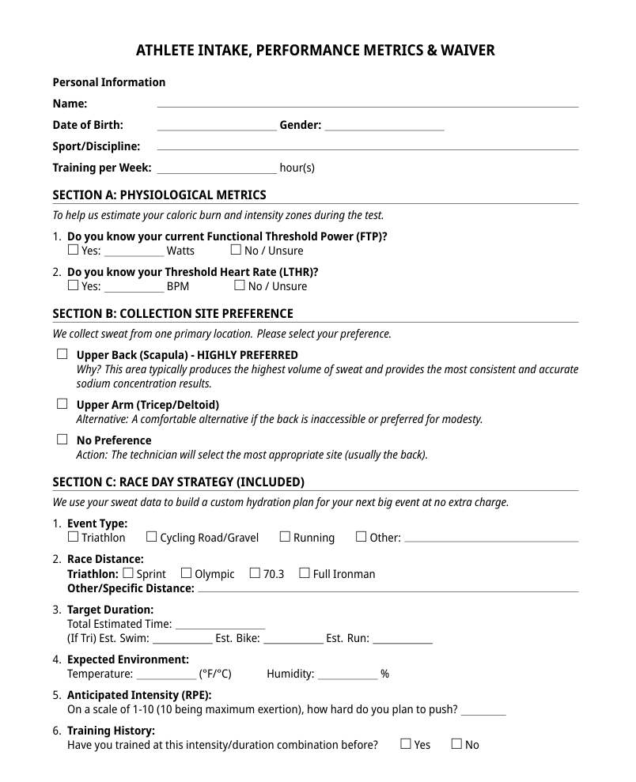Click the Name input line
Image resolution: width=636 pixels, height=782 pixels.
click(x=368, y=103)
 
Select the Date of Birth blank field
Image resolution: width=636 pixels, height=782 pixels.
click(x=217, y=125)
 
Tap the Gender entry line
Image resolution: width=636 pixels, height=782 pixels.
click(x=384, y=125)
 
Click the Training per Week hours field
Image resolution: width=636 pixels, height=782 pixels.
click(x=217, y=168)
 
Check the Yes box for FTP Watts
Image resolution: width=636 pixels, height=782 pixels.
click(x=74, y=250)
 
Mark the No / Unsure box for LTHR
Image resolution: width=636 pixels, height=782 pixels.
click(x=240, y=285)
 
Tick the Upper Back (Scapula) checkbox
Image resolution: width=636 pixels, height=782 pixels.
click(x=62, y=354)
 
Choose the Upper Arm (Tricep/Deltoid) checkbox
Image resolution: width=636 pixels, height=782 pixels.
click(x=62, y=404)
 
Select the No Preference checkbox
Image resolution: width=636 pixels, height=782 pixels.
click(x=62, y=440)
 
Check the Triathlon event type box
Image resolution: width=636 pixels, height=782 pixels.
click(x=74, y=537)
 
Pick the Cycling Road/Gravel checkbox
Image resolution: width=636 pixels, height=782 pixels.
click(x=152, y=537)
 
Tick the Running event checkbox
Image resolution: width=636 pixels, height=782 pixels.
click(x=285, y=537)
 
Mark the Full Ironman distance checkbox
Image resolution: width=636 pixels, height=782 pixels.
click(x=305, y=573)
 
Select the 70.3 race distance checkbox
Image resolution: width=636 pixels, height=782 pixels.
click(x=255, y=573)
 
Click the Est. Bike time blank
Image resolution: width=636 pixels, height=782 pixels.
click(x=293, y=638)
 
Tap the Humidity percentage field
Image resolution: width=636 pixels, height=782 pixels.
click(x=347, y=674)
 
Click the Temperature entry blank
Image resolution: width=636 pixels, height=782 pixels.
click(x=166, y=674)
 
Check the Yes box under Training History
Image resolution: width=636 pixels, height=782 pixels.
click(x=406, y=744)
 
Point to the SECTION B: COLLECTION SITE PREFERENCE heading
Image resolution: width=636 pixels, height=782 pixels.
click(x=172, y=313)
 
